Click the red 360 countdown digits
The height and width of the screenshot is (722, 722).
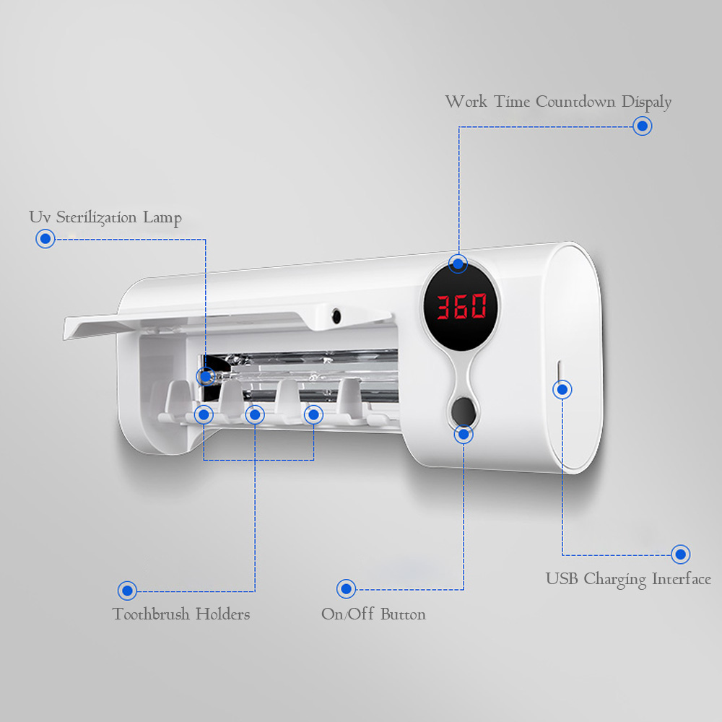[461, 306]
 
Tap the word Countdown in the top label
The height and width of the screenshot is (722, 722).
[575, 101]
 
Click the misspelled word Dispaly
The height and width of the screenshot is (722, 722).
[646, 103]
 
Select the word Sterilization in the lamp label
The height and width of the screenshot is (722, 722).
[96, 217]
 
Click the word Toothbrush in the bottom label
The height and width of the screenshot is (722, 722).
[151, 614]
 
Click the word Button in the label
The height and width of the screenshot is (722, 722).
[403, 614]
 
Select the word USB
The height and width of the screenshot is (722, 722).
[561, 578]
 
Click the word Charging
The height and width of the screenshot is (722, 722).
[614, 579]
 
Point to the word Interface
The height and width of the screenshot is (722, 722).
[682, 578]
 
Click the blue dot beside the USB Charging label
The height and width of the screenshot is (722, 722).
[680, 554]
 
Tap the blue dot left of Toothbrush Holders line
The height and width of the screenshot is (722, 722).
[127, 591]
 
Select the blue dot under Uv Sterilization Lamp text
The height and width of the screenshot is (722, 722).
[45, 238]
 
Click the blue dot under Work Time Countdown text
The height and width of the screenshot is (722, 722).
[642, 126]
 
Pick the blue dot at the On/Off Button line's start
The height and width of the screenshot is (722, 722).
[346, 588]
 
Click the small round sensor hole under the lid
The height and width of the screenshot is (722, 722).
[336, 316]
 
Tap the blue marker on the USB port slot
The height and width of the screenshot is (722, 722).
[562, 390]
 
